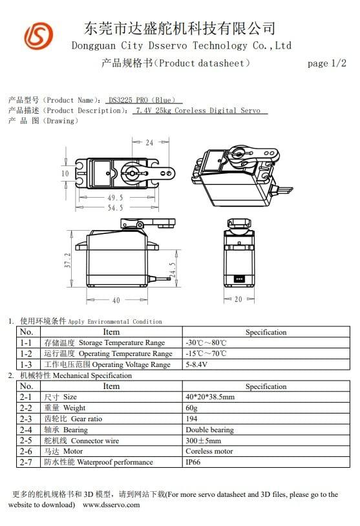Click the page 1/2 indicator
327,63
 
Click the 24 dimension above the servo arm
149,142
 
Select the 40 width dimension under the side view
116,300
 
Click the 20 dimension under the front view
239,300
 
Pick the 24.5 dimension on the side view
172,269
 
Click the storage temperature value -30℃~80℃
206,342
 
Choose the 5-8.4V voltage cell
196,364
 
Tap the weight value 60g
192,408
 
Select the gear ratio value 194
191,419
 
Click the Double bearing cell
209,430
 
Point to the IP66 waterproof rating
194,462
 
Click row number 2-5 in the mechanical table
26,441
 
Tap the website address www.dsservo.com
111,505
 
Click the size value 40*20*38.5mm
210,397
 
